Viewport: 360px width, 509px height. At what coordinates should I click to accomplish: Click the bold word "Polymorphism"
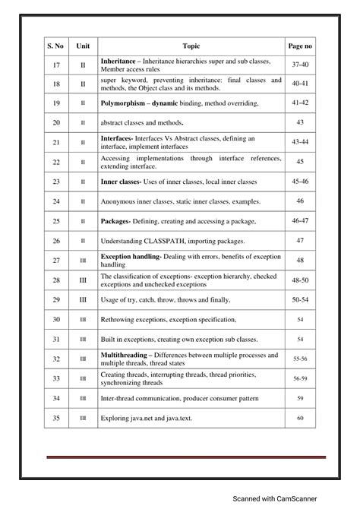(x=123, y=103)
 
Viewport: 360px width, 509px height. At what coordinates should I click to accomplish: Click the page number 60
(x=300, y=418)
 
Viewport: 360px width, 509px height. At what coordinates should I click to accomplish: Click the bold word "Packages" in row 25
(x=115, y=220)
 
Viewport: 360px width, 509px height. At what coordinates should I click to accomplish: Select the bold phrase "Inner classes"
(x=121, y=182)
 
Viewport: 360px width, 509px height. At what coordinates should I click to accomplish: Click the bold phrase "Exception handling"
(x=131, y=256)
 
